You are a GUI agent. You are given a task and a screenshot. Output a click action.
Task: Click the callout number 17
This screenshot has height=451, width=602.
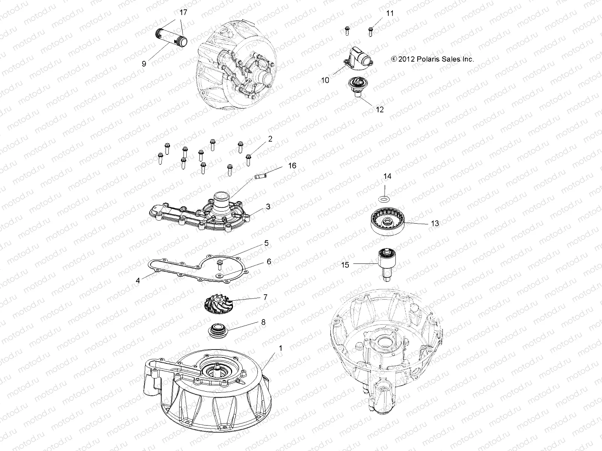coord(183,12)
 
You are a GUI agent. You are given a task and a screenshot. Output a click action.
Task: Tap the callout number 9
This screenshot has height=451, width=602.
coord(144,64)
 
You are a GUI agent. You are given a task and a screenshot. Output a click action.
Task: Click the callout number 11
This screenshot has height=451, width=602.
coord(390,13)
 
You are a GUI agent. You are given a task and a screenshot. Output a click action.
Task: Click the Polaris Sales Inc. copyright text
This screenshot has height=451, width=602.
coord(432,59)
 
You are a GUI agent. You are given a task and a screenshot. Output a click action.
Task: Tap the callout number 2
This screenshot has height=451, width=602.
coord(270,139)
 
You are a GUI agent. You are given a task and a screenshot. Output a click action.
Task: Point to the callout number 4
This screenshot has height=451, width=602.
coord(138,280)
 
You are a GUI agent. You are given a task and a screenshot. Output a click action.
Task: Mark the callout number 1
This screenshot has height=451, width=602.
coord(280,348)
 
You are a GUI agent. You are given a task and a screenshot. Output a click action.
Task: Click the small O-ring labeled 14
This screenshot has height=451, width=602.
coord(384,198)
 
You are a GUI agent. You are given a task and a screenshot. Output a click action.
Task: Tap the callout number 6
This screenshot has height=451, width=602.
coord(269,262)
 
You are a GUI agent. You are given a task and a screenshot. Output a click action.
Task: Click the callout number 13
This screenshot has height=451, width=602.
coord(435,223)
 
